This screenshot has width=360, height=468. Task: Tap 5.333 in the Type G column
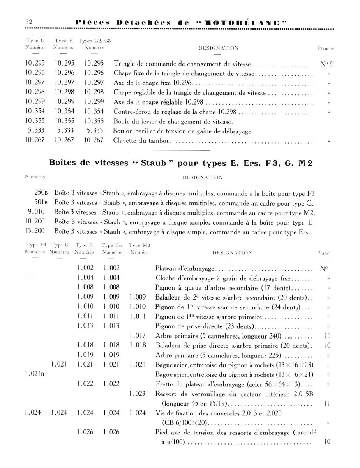pos(35,131)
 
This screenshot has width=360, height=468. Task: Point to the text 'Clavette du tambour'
pos(143,141)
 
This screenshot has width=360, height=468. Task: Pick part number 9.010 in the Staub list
pos(37,213)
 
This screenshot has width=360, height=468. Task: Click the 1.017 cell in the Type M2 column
pos(137,335)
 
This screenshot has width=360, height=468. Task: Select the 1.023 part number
pos(137,394)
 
